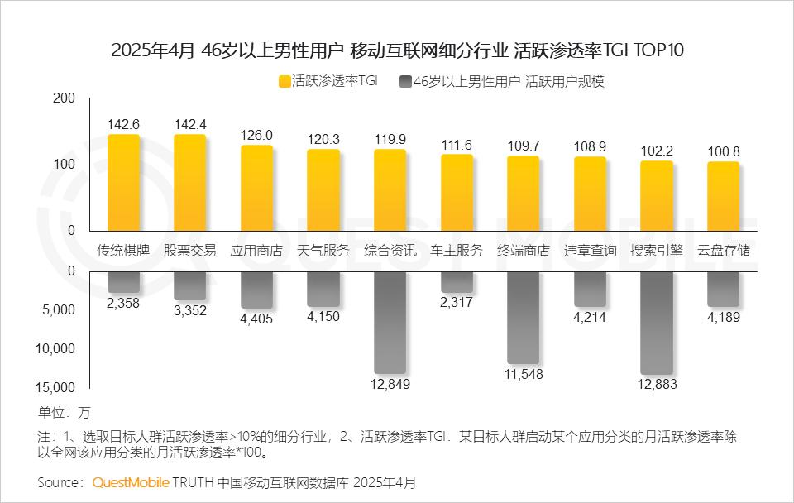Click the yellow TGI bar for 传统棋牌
point(123,183)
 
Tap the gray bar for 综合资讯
point(390,322)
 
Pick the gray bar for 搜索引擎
point(657,322)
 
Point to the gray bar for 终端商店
point(524,317)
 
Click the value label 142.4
point(190,124)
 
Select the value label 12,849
point(390,384)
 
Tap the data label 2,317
point(457,303)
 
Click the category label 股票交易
point(190,251)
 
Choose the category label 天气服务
point(323,251)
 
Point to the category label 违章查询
point(590,251)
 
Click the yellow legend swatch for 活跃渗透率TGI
point(284,82)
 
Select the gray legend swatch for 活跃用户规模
point(404,82)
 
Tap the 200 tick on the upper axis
point(88,99)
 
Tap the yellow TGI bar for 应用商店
point(257,188)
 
